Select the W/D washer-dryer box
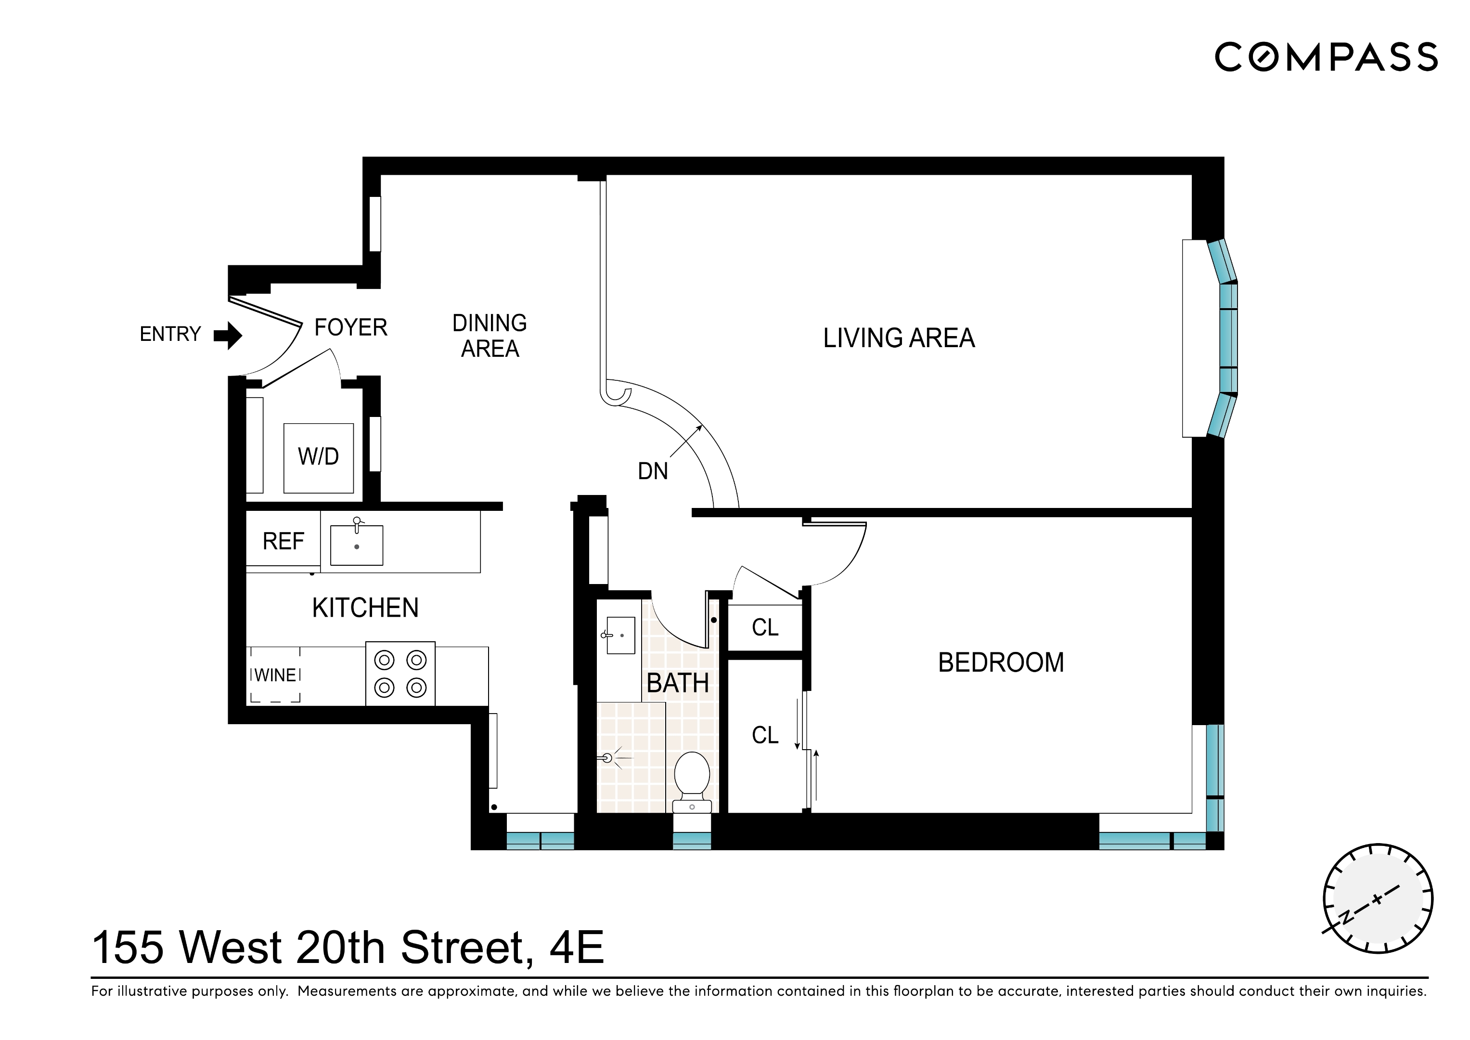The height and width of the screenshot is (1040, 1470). point(318,457)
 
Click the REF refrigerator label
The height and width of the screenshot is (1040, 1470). point(283,542)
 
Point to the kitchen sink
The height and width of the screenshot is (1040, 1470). point(357,545)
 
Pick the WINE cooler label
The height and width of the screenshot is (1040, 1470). point(275,675)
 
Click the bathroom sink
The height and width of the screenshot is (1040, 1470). point(620,635)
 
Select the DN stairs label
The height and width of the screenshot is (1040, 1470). point(652,471)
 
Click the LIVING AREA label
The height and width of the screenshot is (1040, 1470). point(898,338)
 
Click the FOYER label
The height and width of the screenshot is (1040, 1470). point(350,328)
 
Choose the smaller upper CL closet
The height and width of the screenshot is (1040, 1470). point(765,627)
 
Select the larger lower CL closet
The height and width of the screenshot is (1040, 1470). point(765,735)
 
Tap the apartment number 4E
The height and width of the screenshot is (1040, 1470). point(576,948)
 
